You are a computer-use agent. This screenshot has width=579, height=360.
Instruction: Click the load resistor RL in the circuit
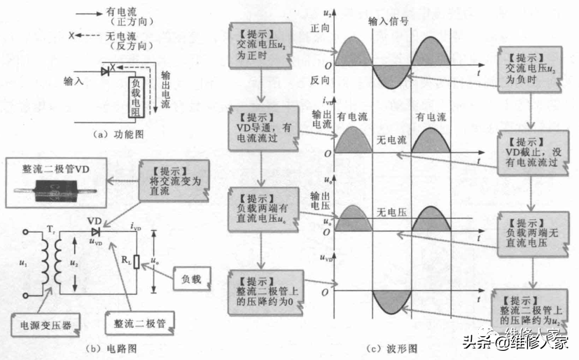[x=137, y=261]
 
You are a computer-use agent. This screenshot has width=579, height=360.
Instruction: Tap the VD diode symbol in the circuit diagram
[x=95, y=230]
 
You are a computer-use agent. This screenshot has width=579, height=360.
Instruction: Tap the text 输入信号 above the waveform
[x=387, y=22]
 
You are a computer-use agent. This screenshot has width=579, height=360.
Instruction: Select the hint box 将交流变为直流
[x=172, y=176]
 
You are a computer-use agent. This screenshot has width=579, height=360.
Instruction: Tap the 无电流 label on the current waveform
[x=390, y=139]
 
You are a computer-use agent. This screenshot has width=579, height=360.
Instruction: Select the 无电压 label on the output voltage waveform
[x=390, y=212]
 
